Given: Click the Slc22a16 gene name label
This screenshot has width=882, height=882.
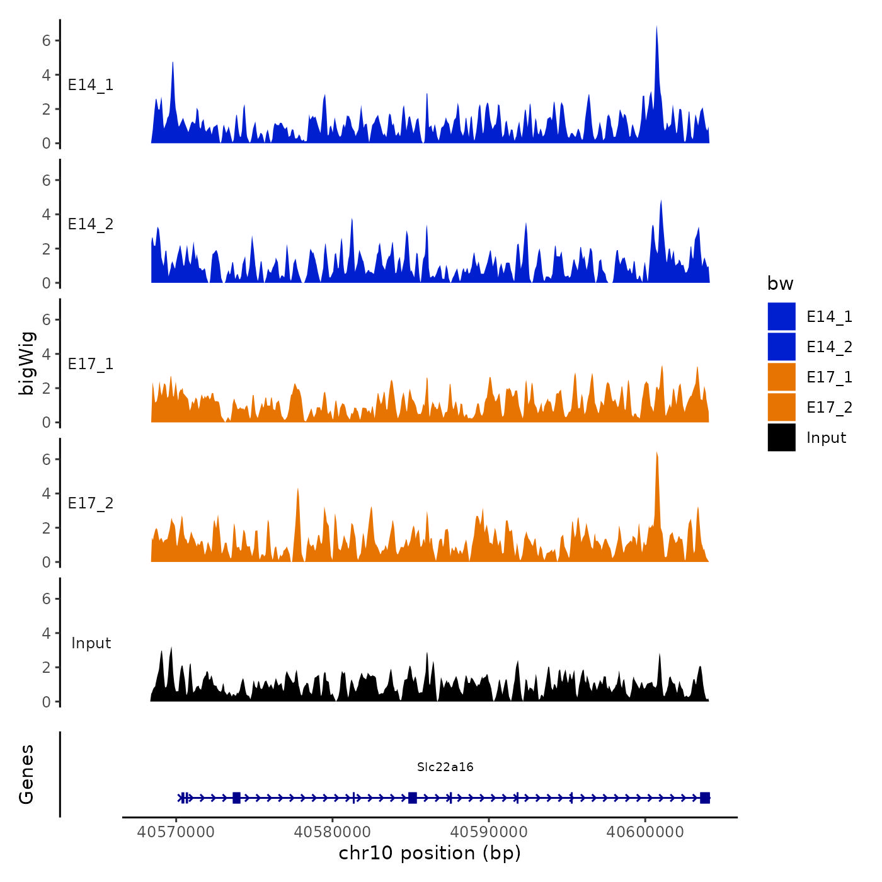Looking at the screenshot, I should point(445,767).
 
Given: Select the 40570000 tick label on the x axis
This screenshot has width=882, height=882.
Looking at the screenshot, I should point(176,832).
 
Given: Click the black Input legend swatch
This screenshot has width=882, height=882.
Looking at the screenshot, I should point(781,437).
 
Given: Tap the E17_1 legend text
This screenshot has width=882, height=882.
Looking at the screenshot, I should point(829,377).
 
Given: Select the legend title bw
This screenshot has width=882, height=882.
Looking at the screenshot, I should point(780,283).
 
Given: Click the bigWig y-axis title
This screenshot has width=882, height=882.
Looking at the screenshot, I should point(27,363).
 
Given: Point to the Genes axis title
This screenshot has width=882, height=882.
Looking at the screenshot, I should point(26,774).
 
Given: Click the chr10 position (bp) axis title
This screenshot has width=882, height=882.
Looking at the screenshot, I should point(430,853).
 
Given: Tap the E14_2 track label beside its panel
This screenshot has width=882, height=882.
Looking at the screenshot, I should point(91,224).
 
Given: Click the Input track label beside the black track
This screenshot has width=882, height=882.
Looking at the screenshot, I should point(91,643).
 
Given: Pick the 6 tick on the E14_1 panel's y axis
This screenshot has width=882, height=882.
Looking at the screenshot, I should point(46,41).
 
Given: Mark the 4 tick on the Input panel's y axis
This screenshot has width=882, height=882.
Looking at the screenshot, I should point(46,633).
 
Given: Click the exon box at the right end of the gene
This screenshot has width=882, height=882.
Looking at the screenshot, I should point(704,798).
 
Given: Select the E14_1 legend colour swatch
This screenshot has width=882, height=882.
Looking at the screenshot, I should point(781,316).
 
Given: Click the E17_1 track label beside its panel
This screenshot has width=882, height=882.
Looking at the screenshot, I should point(91,364).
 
